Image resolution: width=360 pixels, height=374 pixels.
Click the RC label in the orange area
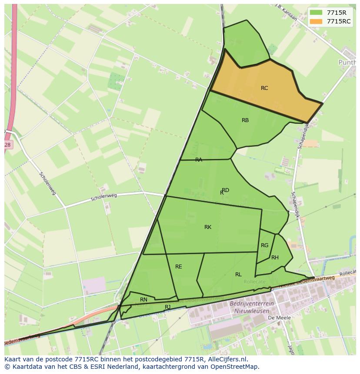264,88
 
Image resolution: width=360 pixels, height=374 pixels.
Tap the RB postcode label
245,120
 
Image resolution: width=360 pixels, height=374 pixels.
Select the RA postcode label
199,160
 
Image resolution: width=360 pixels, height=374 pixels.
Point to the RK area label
208,227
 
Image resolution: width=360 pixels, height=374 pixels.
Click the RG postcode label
264,245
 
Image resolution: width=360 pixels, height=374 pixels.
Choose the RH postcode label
275,258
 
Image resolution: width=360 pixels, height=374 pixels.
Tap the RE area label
179,267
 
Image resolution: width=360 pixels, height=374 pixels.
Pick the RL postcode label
238,275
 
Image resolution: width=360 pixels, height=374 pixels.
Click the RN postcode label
143,300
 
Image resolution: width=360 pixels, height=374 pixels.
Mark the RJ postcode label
167,307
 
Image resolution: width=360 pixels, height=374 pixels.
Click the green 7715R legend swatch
316,13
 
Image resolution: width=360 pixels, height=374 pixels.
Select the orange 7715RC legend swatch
316,21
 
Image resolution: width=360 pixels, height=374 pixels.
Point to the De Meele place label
279,318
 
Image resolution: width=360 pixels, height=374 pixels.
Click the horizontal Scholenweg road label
104,198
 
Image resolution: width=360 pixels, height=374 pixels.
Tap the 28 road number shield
7,145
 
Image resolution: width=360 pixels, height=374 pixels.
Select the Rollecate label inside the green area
254,282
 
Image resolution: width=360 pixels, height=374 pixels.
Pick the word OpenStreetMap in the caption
235,367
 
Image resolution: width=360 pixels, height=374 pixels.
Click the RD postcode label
226,190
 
